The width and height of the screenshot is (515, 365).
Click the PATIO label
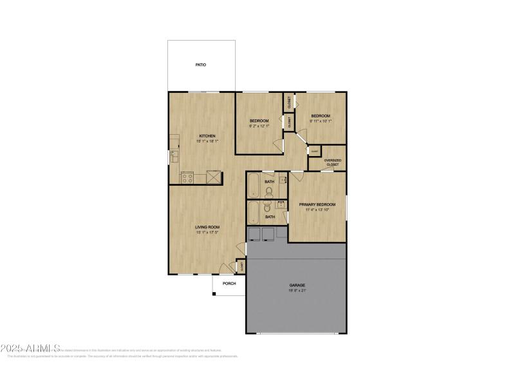coord(201,65)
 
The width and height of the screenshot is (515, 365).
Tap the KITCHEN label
coord(207,136)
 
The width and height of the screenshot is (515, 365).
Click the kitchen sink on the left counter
coord(174,157)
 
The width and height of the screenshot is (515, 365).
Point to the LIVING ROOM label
coord(208,227)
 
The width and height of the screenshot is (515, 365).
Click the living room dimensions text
coord(208,233)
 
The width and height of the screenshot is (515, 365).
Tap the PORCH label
coord(229,284)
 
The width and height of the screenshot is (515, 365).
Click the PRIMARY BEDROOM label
coord(317,204)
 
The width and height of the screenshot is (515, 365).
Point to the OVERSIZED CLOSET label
coord(333,163)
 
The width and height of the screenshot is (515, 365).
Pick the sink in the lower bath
coord(281,204)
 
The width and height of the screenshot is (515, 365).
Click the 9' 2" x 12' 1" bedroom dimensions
coord(259,126)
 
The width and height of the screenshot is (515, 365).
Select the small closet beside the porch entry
coord(241,266)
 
